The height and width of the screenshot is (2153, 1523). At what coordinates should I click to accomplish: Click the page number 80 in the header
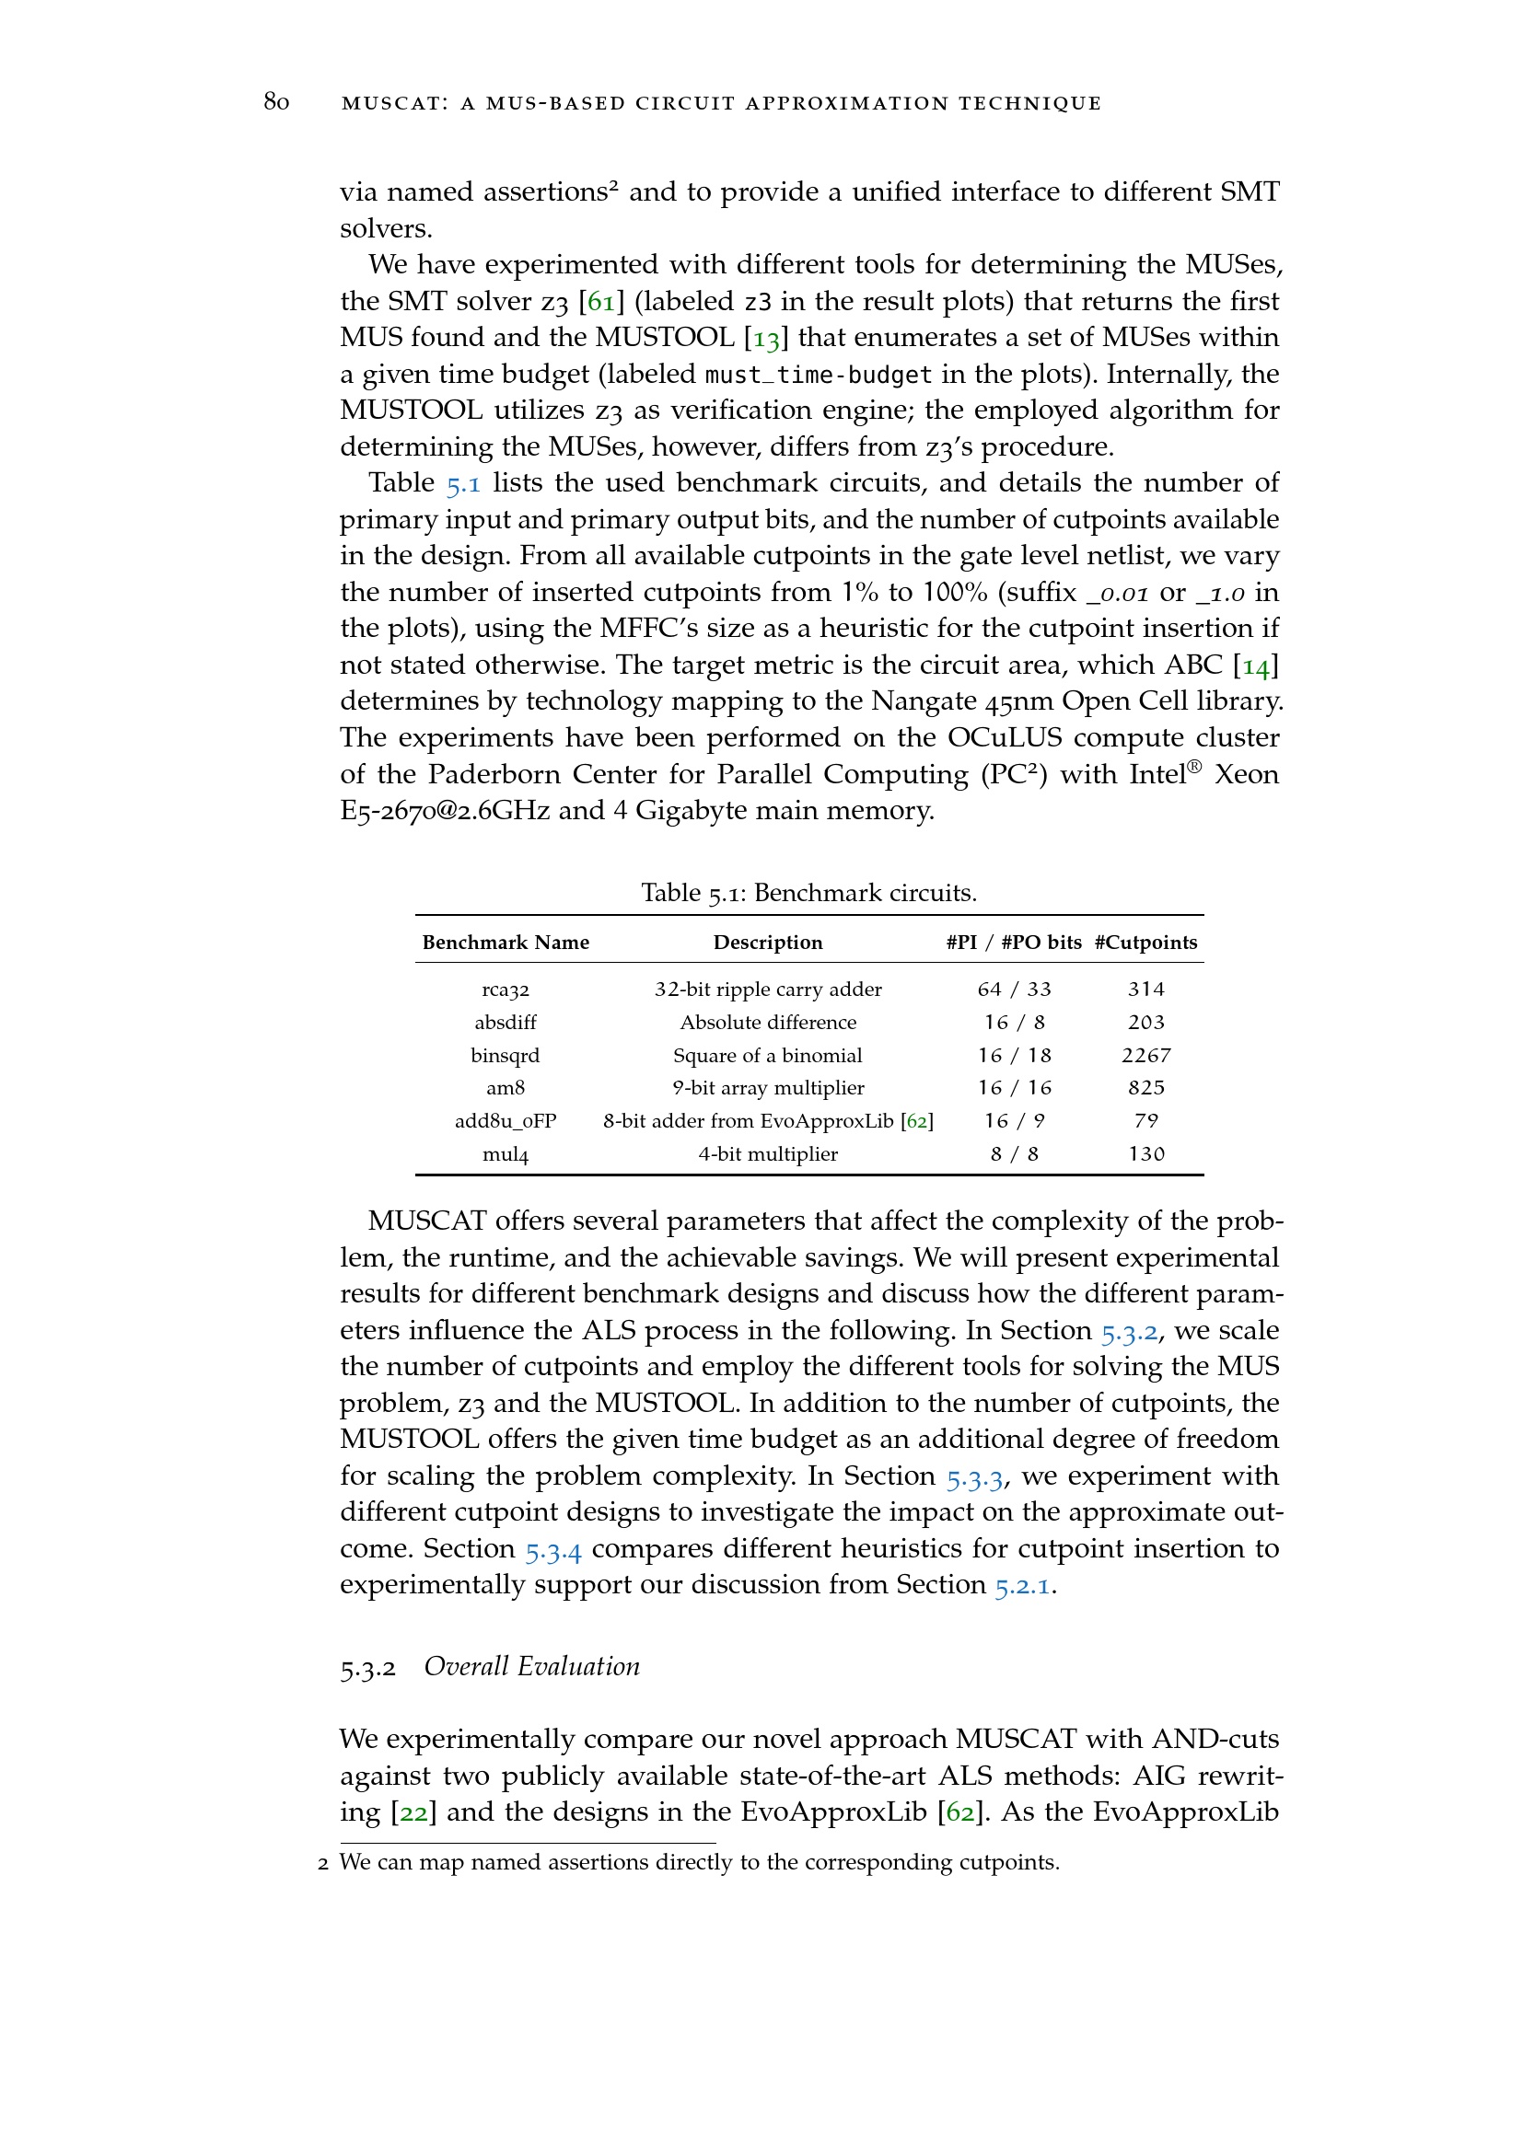pos(275,101)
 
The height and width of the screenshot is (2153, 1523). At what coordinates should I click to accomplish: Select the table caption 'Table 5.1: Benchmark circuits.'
pos(808,892)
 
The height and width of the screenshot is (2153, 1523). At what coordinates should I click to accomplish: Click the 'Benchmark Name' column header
pos(506,943)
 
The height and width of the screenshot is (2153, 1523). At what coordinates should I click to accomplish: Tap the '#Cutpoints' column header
pos(1145,943)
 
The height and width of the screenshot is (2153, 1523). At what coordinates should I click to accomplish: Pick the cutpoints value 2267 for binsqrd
pos(1145,1055)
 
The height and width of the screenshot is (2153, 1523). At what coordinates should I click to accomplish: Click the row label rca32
pos(506,990)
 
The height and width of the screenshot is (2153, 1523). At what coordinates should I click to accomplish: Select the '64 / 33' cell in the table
pos(1014,990)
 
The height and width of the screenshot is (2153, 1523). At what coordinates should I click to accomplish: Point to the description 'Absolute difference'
pos(768,1022)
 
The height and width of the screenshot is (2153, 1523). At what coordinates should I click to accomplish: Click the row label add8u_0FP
pos(506,1120)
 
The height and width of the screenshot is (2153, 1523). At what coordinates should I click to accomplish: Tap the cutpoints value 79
pos(1145,1120)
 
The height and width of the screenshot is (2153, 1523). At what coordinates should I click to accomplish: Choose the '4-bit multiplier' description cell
pos(768,1153)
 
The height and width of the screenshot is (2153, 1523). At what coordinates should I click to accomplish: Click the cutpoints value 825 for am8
pos(1145,1088)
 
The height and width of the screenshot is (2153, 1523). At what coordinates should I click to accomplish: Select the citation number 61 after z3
pos(601,301)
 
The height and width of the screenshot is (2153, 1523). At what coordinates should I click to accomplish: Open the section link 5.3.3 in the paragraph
pos(974,1476)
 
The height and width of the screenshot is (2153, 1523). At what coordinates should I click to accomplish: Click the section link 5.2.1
pos(1023,1585)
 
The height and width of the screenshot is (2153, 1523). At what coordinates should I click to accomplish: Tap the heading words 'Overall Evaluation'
pos(531,1666)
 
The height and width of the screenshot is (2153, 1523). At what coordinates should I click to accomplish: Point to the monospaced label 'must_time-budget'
pos(818,374)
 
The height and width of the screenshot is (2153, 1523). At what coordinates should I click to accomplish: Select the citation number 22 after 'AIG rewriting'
pos(413,1812)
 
